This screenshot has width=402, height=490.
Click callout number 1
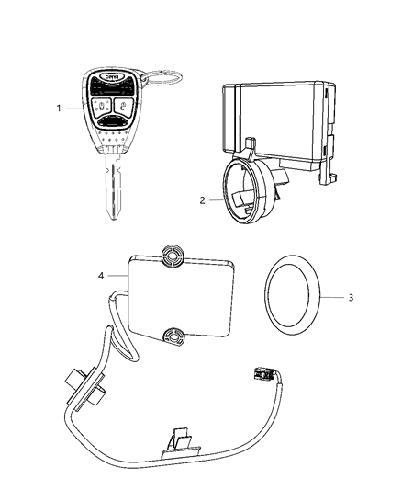point(60,108)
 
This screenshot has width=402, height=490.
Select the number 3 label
point(349,297)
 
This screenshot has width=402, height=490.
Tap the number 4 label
point(102,275)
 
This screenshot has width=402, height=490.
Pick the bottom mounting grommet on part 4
point(172,336)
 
